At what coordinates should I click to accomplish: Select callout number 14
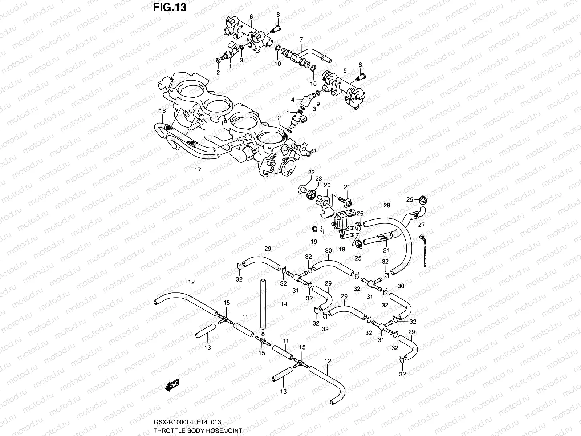(x=284, y=304)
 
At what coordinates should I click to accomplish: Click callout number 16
(x=162, y=110)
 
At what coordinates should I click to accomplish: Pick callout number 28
(x=386, y=206)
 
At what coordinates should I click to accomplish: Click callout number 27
(x=421, y=225)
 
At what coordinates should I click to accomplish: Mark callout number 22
(x=312, y=172)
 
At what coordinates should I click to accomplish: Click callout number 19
(x=314, y=241)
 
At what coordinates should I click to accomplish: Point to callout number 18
(x=342, y=250)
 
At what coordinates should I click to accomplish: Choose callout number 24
(x=386, y=250)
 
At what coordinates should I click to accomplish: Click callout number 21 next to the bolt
(x=347, y=187)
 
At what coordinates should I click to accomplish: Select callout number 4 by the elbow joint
(x=293, y=99)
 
